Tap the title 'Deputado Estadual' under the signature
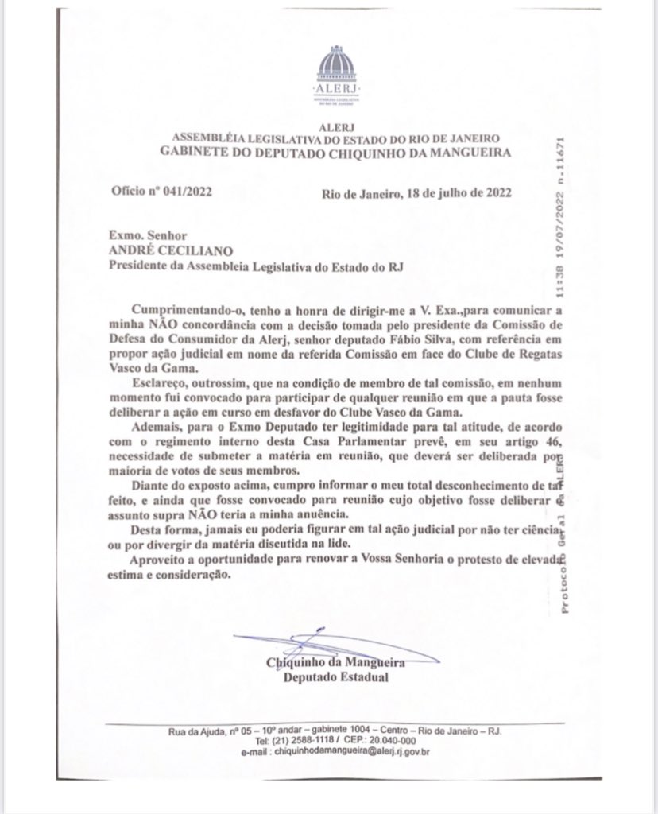coord(337,678)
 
